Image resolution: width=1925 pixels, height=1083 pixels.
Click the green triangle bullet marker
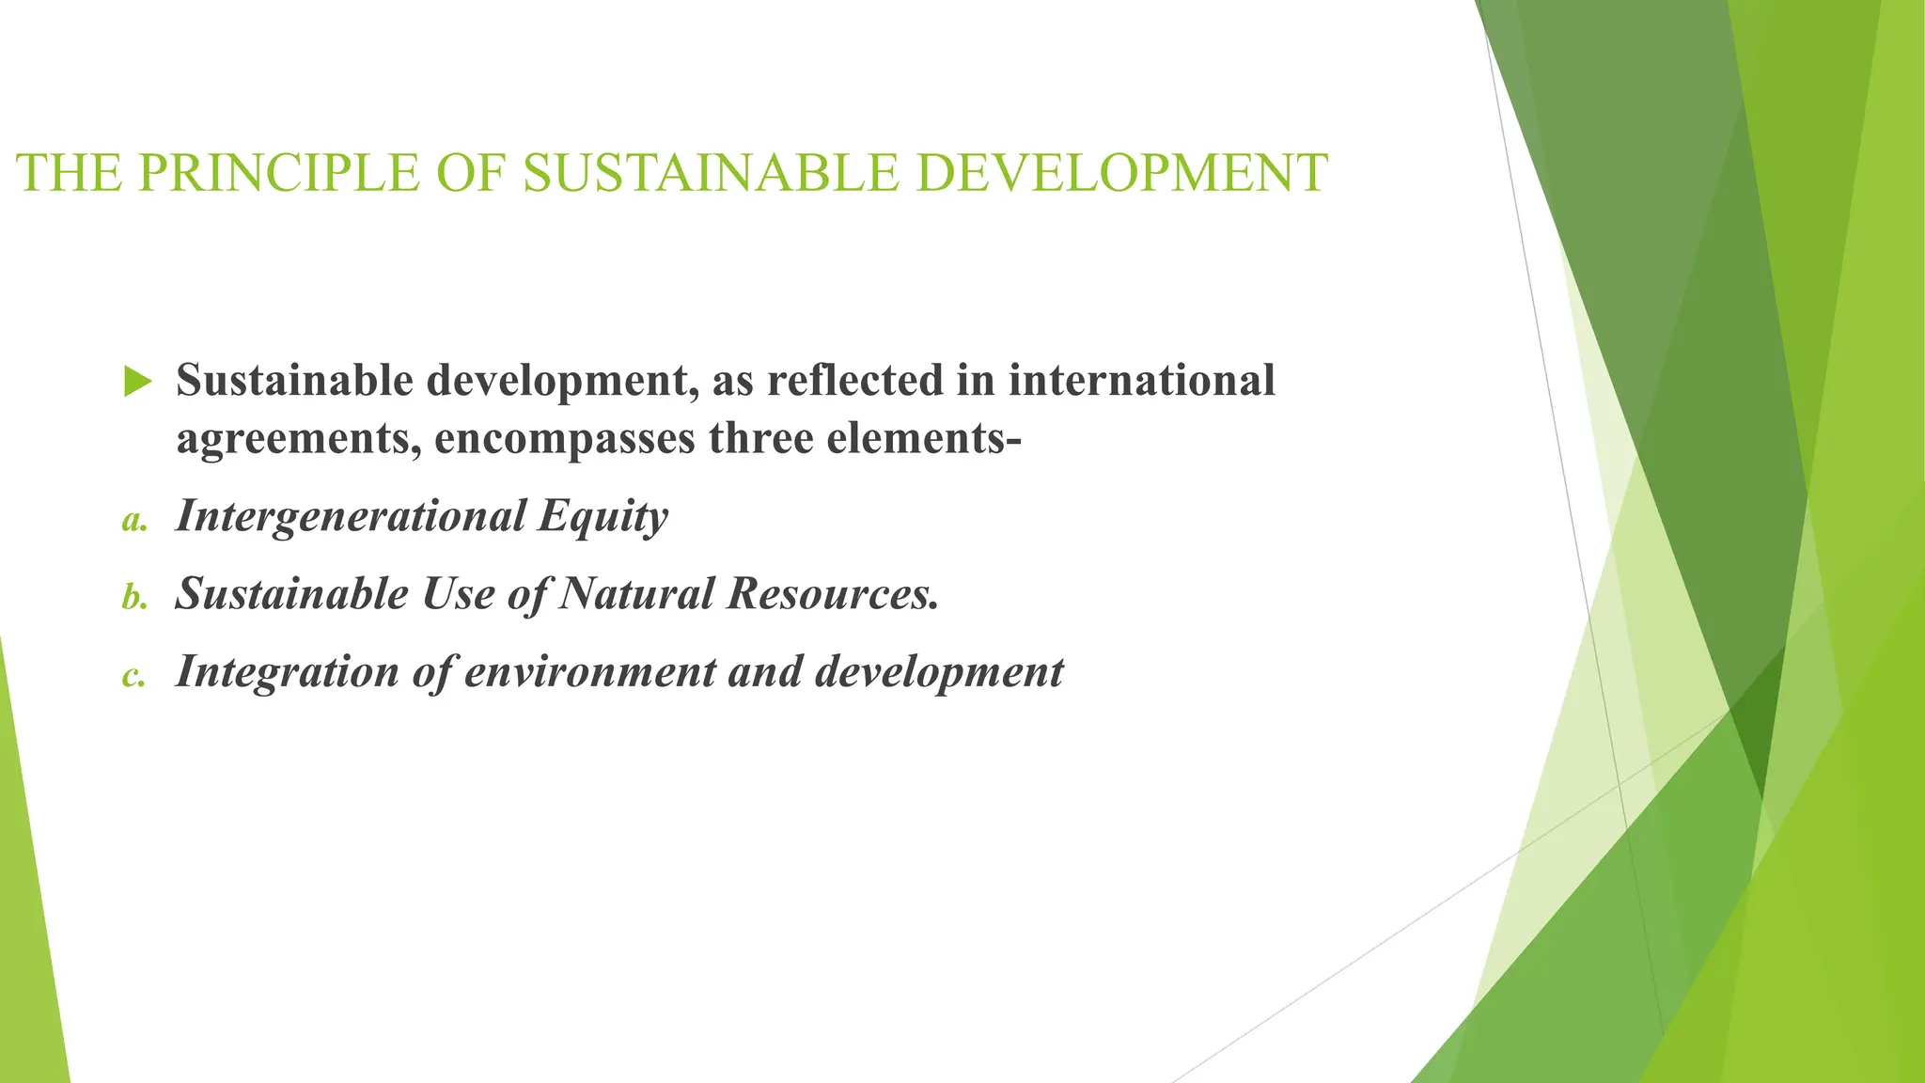(137, 382)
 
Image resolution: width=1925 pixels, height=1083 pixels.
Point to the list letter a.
(134, 520)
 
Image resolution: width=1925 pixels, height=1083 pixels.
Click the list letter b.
(134, 597)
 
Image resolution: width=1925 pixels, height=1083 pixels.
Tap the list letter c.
(133, 675)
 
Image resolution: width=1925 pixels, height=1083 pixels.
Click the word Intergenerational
(351, 515)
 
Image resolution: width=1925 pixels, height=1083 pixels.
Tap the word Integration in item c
(288, 672)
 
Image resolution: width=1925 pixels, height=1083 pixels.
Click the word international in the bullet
(1142, 380)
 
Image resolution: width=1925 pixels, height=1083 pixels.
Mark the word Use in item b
(458, 593)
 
